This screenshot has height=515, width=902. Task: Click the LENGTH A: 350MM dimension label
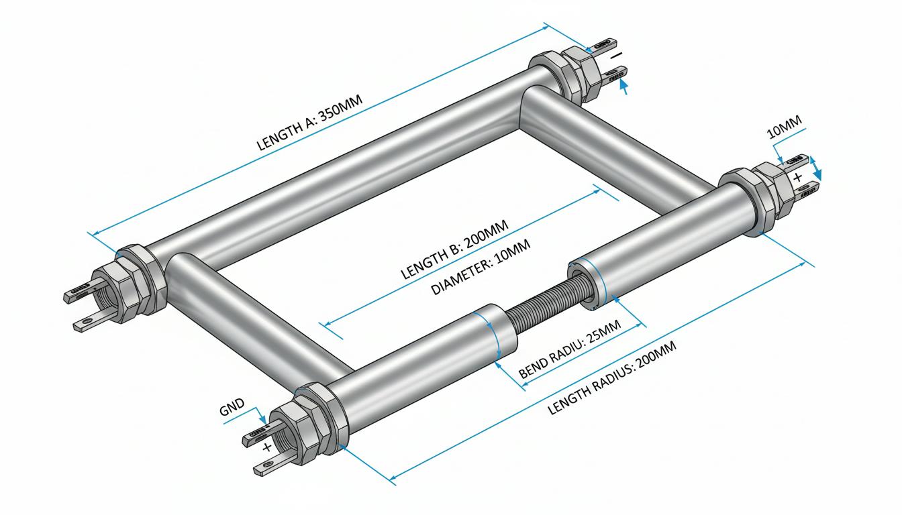pos(309,122)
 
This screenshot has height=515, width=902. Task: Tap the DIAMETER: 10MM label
pos(481,267)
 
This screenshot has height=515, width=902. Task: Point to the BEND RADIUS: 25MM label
pos(569,349)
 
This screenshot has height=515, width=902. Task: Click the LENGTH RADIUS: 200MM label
pos(611,378)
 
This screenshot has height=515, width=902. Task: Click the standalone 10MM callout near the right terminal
pos(785,127)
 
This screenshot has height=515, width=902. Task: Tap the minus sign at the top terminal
pos(617,55)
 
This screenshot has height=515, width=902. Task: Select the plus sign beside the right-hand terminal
pos(797,178)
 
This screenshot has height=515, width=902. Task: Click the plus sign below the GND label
pos(266,447)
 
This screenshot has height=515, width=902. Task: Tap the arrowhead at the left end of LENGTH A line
pos(96,233)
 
